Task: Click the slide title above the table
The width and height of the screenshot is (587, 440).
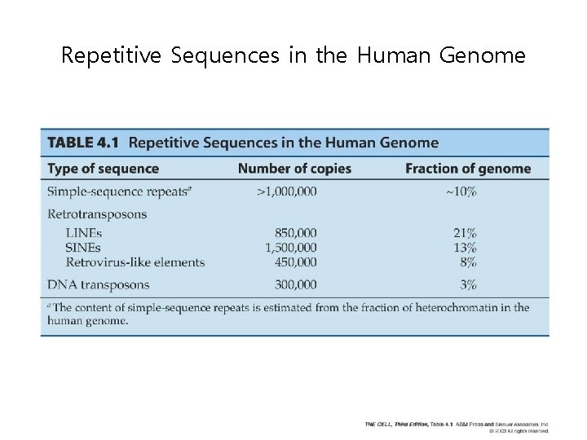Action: coord(293,56)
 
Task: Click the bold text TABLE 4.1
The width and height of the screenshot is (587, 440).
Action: coord(83,143)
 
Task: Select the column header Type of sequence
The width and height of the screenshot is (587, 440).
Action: coord(103,169)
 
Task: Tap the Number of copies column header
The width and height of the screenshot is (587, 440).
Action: coord(294,169)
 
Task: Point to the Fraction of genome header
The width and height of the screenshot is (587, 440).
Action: coord(467,169)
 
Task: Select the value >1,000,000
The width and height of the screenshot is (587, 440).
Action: coord(287,191)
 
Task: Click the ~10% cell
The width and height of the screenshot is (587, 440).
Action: coord(461,191)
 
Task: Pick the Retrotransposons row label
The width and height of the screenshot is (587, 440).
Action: coord(97,214)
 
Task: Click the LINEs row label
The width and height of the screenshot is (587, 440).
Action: coord(83,233)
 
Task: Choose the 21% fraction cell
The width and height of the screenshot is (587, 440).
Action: coord(466,233)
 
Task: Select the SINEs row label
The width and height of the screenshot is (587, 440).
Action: coord(83,247)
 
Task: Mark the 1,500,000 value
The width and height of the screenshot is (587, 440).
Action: coord(291,247)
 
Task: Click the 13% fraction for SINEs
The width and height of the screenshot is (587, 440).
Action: coord(466,247)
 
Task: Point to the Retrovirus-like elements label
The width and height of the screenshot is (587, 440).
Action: coord(135,262)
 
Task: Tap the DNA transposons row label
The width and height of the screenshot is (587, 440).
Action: coord(99,284)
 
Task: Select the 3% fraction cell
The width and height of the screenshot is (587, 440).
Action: coord(468,284)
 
